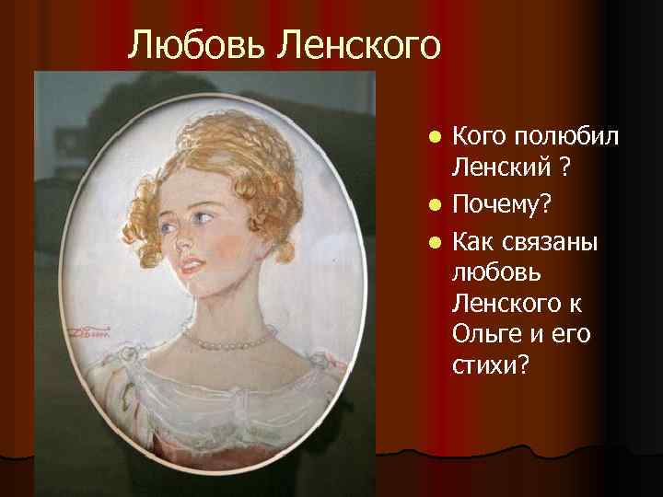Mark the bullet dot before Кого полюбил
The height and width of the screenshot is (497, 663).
(435, 138)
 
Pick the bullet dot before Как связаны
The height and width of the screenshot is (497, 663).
(435, 242)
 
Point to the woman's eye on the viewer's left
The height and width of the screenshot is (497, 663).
(165, 225)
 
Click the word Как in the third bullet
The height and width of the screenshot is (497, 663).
(473, 241)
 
